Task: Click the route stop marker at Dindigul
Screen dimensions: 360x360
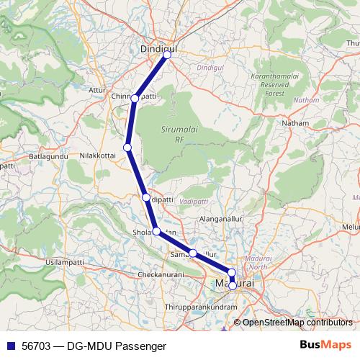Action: point(167,55)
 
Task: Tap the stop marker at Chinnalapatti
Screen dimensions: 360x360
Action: point(135,98)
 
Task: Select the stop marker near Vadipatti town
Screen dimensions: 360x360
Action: point(145,197)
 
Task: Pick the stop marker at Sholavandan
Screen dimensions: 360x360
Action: point(156,231)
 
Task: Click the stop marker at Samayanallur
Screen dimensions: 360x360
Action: point(193,253)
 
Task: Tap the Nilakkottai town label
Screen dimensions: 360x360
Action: point(98,155)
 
